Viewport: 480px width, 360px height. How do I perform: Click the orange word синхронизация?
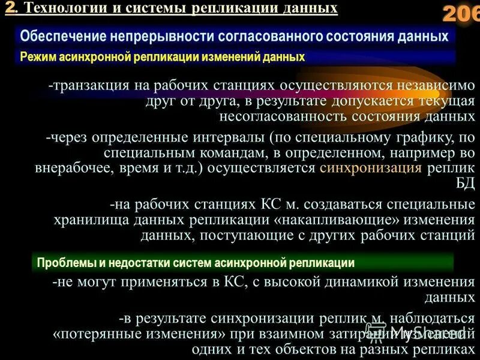371,168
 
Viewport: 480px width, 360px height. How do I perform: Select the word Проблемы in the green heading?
62,262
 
